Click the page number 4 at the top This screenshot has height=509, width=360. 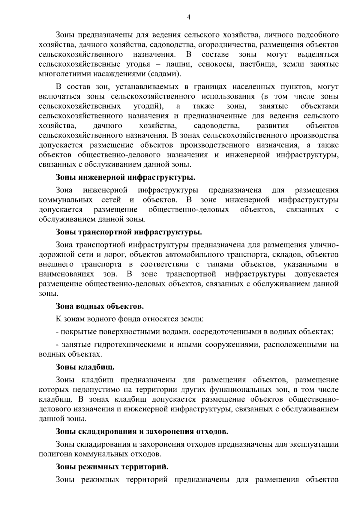(189, 17)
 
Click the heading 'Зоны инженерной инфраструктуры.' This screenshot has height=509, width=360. (125, 177)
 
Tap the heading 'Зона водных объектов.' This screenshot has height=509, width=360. (100, 306)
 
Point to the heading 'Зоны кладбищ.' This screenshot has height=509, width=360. (85, 367)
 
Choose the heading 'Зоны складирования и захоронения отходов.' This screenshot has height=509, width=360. (142, 432)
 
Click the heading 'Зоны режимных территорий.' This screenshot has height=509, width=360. (112, 467)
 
